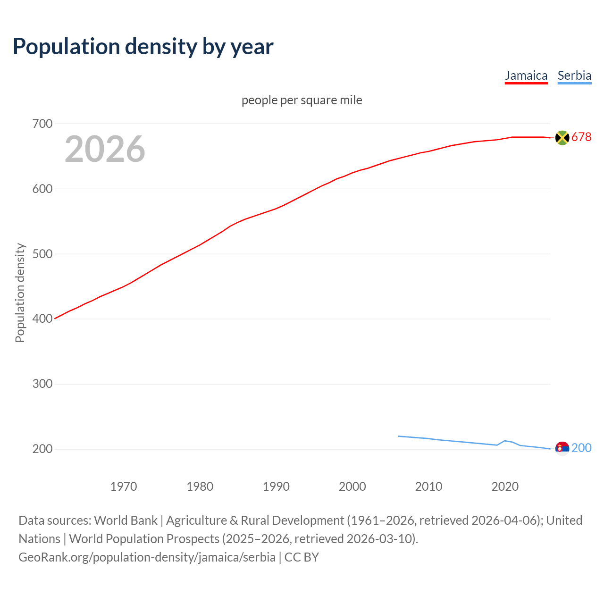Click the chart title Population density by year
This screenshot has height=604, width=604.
[x=143, y=47]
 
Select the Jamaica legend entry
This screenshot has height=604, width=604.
[x=526, y=75]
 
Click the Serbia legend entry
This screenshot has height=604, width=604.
[x=574, y=75]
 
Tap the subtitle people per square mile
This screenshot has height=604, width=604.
[x=302, y=101]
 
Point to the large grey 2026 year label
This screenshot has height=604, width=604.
[x=105, y=149]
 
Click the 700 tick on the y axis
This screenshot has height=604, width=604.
[x=42, y=124]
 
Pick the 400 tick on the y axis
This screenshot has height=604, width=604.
[x=42, y=319]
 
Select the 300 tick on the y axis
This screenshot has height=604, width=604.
[x=42, y=384]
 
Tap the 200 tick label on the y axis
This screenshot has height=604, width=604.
[x=42, y=449]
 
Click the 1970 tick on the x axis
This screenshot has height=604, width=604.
[x=124, y=487]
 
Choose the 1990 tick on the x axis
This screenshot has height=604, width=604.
[x=276, y=487]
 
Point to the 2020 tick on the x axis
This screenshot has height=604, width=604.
[x=505, y=487]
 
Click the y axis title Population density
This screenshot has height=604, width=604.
[x=20, y=293]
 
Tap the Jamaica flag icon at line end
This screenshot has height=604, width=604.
[x=562, y=137]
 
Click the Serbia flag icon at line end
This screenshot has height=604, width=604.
[x=562, y=448]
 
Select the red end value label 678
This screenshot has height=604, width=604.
[x=581, y=137]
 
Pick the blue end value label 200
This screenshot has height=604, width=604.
[x=581, y=448]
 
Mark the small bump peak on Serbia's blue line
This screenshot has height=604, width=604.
[x=505, y=441]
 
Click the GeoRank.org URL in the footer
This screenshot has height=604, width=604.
[x=147, y=557]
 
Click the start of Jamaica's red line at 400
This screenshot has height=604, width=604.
[x=56, y=319]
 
